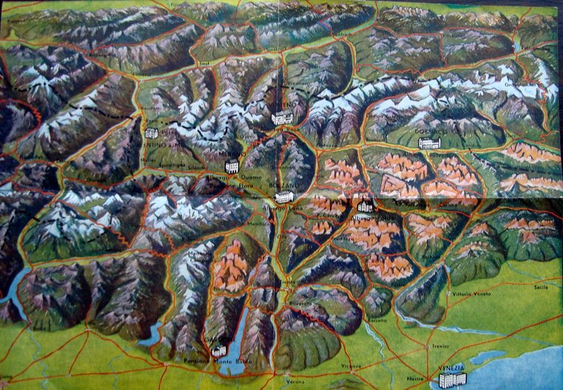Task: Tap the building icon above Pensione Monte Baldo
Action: click(x=218, y=351)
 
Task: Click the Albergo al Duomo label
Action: click(x=227, y=179)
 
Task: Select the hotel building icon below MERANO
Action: click(x=232, y=166)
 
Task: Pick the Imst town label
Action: click(x=215, y=63)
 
